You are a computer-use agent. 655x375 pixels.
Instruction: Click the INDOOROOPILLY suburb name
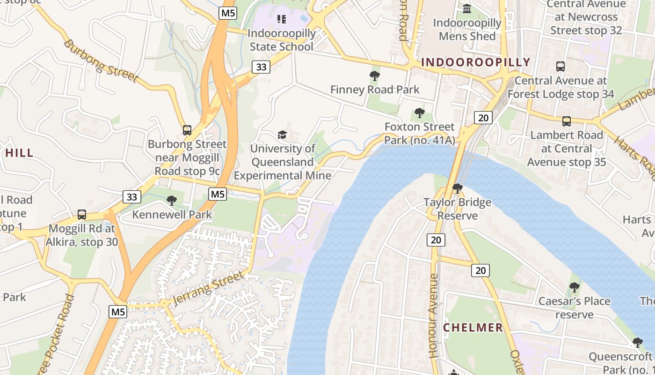476,62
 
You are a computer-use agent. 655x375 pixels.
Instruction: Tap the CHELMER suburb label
473,328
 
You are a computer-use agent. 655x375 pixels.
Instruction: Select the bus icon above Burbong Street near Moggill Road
187,130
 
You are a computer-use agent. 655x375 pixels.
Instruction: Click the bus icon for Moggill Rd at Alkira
82,215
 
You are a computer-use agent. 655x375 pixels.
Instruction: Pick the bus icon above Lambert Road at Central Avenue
567,121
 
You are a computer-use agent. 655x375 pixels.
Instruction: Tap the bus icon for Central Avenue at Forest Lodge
560,67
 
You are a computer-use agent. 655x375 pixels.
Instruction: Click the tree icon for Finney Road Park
374,75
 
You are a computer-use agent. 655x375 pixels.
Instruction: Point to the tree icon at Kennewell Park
172,201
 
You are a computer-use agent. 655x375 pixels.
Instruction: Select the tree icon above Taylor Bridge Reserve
458,188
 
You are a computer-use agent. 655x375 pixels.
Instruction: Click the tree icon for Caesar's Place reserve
575,287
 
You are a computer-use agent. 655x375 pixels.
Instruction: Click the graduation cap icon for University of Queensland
282,135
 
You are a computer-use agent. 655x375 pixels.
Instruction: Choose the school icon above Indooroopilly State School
281,19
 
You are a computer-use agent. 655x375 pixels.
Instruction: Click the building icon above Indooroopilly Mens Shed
467,8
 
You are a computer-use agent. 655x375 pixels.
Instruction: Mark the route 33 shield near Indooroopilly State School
261,67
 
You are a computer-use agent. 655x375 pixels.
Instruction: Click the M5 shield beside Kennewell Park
218,194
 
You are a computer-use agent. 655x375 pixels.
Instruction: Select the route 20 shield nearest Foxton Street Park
483,118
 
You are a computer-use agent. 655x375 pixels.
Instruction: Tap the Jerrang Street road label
209,287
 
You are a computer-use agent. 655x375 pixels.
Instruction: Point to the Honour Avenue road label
434,315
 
